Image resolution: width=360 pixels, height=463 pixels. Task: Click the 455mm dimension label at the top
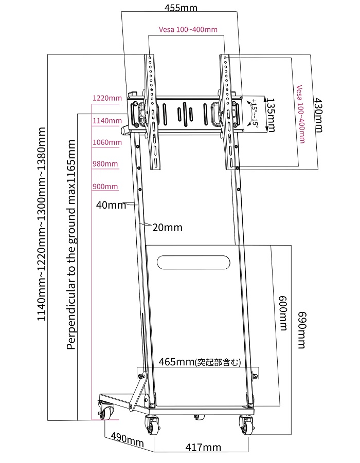[x=181, y=7]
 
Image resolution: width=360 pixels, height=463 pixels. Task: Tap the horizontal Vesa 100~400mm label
[x=188, y=29]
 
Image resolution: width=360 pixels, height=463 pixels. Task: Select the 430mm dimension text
[x=318, y=115]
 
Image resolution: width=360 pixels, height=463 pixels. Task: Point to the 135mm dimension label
[x=271, y=115]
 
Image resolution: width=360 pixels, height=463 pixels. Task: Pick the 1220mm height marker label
[x=107, y=98]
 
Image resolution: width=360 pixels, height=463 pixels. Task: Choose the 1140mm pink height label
[x=107, y=121]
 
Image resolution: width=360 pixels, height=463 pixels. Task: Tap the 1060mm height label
[x=107, y=142]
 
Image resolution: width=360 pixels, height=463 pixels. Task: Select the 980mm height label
[x=105, y=164]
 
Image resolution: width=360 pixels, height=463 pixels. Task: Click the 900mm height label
[x=105, y=187]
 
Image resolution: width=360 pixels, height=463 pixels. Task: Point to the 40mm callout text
[x=111, y=205]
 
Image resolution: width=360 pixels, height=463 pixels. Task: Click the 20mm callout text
[x=167, y=227]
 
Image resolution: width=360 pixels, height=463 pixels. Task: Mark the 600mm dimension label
[x=283, y=313]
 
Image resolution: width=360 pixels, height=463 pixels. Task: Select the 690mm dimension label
[x=301, y=330]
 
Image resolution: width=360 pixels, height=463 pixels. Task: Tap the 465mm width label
[x=200, y=362]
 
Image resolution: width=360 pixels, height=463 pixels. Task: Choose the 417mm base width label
[x=203, y=448]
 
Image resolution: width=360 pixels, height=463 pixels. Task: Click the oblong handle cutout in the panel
[x=193, y=263]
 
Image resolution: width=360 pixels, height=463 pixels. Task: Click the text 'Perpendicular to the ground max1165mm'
[x=71, y=245]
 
